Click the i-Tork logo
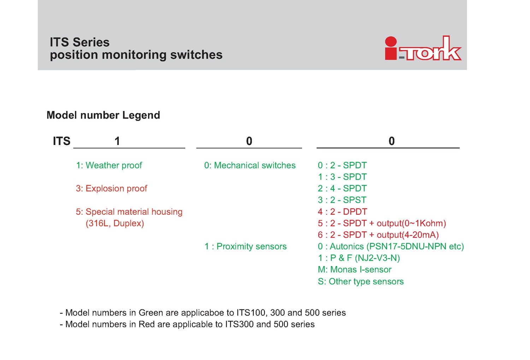coord(423,48)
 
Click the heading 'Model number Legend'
coord(104,115)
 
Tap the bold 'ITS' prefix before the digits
coord(61,141)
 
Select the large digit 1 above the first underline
coord(117,141)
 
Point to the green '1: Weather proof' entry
coord(109,165)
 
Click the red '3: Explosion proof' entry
coord(111,188)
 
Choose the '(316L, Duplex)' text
coord(115,223)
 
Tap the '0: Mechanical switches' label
coord(250,165)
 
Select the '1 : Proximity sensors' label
coord(246,246)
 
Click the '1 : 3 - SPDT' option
coord(342,177)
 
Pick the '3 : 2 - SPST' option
coord(342,200)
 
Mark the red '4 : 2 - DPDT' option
coord(342,212)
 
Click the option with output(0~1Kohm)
coord(382,223)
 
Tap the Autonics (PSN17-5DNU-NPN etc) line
coord(391,246)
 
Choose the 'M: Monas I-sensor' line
coord(355,269)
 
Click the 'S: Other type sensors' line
coord(361,281)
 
